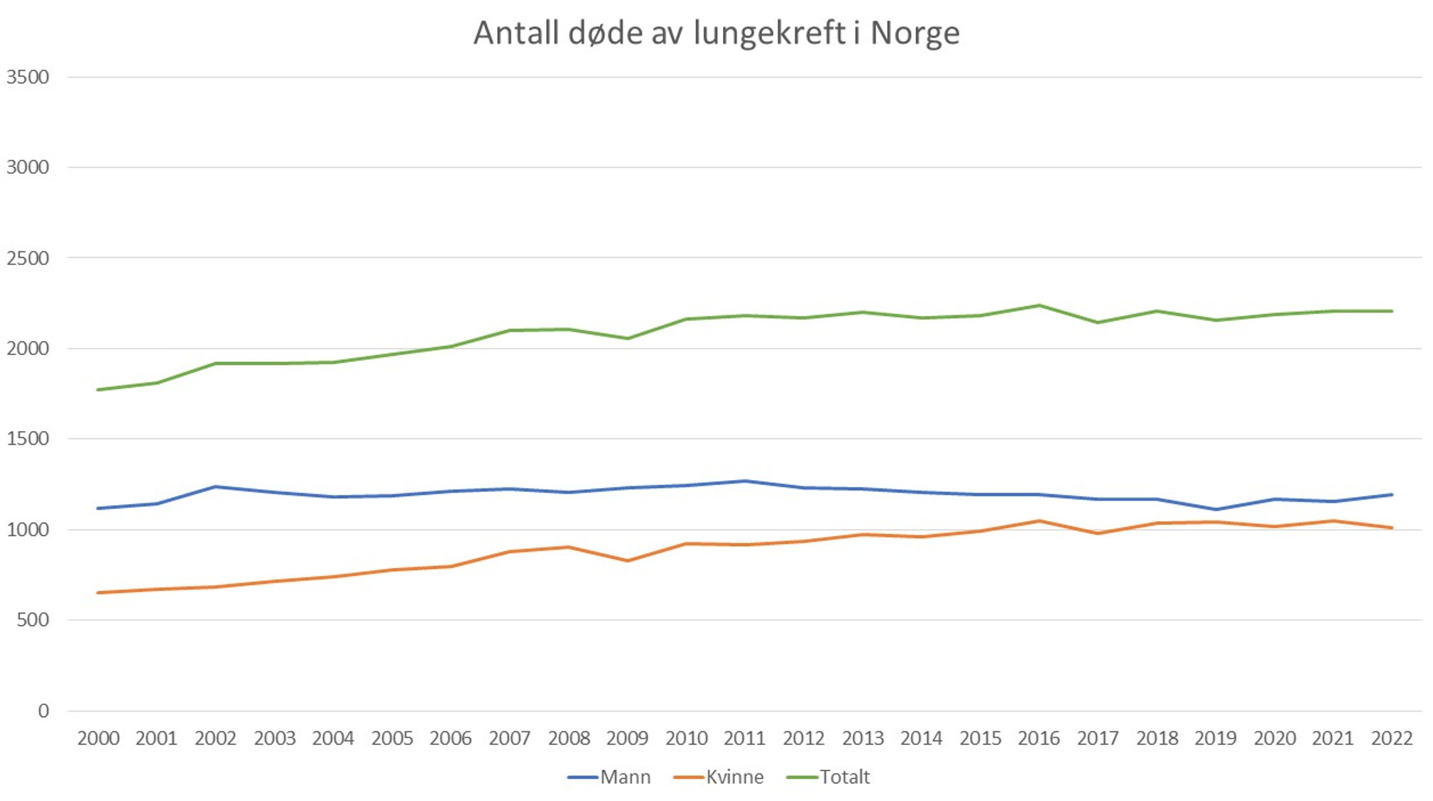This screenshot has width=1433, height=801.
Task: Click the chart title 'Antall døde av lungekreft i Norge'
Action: (x=716, y=33)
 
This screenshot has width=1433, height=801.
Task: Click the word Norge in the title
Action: (x=915, y=33)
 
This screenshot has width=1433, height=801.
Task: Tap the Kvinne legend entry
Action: (x=719, y=777)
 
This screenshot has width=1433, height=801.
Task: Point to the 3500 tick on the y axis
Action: (x=28, y=77)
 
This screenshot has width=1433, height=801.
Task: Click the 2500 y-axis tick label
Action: (x=28, y=258)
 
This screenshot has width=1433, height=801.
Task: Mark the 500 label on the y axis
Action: (x=33, y=620)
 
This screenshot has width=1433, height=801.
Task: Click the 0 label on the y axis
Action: (x=43, y=711)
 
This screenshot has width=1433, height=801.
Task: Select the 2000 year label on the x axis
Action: (x=98, y=739)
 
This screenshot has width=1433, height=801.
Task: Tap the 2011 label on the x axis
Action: (x=744, y=739)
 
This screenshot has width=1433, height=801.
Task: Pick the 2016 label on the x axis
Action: (x=1038, y=739)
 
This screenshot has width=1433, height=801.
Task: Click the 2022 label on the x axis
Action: (x=1391, y=739)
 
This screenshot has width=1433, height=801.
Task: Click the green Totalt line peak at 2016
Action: (x=1039, y=305)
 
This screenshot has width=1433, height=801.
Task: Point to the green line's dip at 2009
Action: (x=628, y=338)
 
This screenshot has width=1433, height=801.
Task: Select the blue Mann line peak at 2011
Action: (x=745, y=481)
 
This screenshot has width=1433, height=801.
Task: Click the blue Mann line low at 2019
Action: (x=1216, y=509)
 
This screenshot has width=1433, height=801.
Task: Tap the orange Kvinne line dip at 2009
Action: (x=628, y=561)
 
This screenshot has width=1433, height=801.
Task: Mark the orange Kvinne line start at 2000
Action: (x=98, y=592)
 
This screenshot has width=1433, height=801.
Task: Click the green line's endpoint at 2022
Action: (x=1391, y=311)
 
